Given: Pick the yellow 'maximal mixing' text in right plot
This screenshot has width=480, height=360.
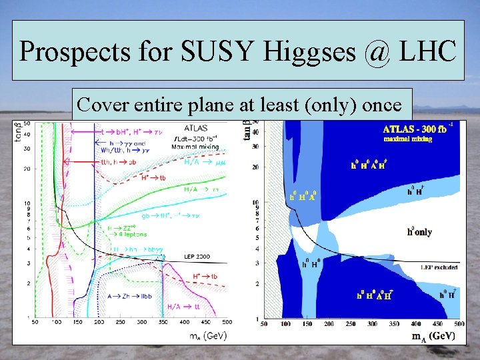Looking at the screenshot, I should coord(407,139).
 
